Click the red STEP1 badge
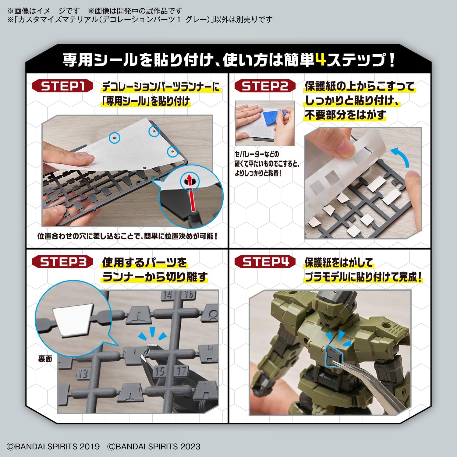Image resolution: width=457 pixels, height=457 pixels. coord(62,86)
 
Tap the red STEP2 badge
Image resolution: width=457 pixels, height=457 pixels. coord(265,86)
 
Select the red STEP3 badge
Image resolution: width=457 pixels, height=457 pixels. coord(62,262)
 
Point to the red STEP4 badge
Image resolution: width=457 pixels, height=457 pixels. coord(265,262)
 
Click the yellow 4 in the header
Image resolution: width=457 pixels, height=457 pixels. coord(321,60)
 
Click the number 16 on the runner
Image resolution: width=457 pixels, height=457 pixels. coord(189,295)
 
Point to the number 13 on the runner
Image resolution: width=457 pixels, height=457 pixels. coord(82,373)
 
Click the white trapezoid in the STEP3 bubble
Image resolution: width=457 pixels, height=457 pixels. coord(73,320)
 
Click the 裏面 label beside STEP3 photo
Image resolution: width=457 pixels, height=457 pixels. coord(45,359)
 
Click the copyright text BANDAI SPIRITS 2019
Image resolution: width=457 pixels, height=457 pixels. coord(53,447)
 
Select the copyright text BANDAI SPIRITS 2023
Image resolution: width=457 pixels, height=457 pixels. coord(154,447)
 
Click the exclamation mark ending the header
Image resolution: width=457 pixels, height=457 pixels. coord(392,60)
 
